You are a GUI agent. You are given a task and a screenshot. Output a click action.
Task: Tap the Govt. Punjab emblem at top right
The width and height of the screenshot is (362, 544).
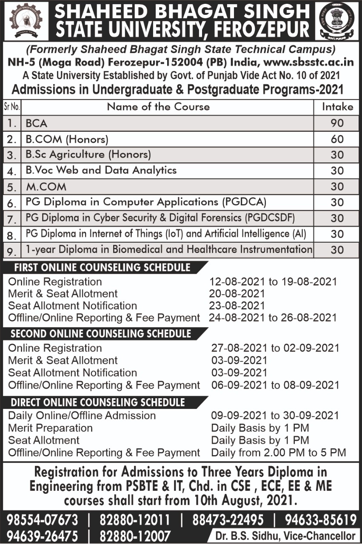[336, 20]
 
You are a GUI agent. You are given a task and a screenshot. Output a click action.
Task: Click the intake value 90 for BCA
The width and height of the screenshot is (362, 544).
[337, 123]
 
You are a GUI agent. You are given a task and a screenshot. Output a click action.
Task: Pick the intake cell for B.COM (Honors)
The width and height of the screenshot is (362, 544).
[337, 139]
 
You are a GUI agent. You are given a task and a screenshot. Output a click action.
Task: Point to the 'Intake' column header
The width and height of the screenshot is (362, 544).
[337, 107]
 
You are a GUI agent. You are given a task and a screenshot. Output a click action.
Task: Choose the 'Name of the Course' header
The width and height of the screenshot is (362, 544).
[158, 107]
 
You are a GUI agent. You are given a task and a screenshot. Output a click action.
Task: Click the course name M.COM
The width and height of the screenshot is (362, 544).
[46, 187]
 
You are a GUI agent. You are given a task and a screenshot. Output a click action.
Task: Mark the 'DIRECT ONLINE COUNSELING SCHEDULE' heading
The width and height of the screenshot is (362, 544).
[98, 402]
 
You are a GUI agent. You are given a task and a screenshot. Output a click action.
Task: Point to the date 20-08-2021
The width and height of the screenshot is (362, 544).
[237, 294]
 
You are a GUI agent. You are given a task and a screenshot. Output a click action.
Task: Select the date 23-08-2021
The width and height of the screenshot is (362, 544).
[237, 306]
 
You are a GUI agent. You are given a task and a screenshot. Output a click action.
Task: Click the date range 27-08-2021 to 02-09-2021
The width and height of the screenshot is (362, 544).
[275, 348]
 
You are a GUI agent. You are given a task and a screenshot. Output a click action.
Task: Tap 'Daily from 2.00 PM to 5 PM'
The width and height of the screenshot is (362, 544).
[278, 453]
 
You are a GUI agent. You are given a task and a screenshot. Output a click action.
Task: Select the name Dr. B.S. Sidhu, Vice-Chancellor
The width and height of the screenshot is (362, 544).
[285, 536]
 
